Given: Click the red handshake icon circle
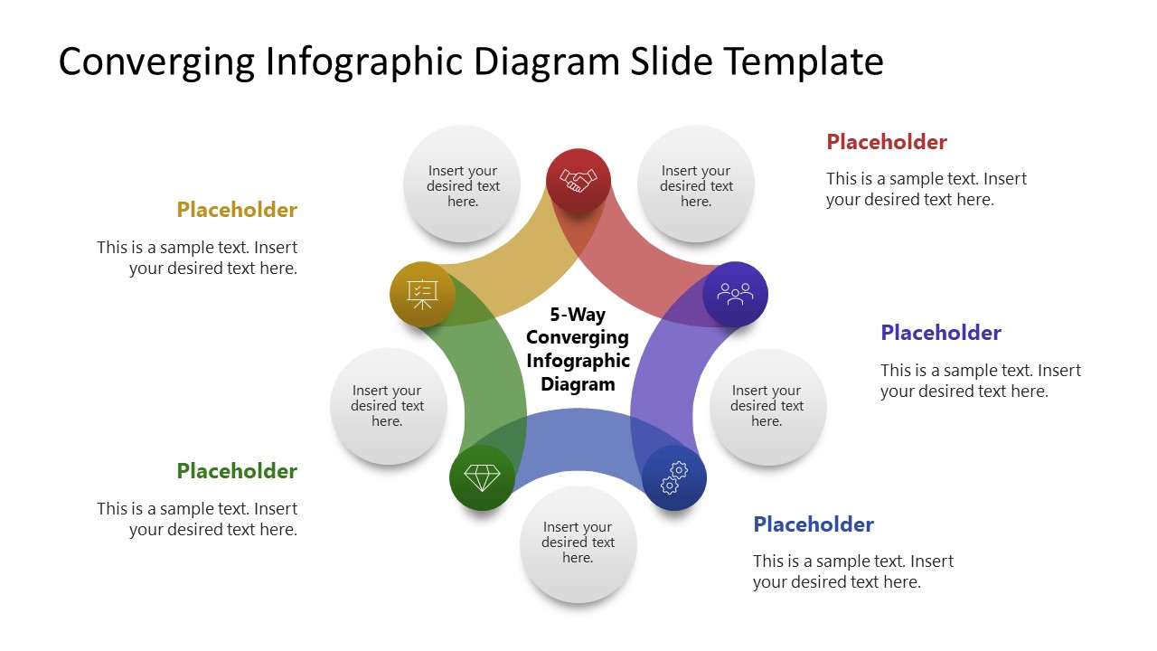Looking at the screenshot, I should point(578,181).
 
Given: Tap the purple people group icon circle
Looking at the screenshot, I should point(735,294).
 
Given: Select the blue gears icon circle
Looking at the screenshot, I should point(674,477).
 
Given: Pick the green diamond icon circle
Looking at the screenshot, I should point(482,477).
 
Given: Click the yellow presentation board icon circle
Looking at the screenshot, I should point(422,294).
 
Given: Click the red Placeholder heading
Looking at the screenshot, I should point(887,142).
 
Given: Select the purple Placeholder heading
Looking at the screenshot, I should point(941,333).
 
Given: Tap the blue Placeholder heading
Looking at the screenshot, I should point(814,524).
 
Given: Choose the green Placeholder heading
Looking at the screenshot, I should point(237,471).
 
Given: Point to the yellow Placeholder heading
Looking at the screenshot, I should point(237,210).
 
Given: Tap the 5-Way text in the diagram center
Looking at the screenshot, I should point(578,315).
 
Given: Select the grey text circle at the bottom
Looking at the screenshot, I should point(578,543).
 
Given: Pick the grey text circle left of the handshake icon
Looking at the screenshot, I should point(463,184).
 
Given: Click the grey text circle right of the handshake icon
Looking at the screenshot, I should point(696,184).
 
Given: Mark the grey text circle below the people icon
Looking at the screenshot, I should point(767,406).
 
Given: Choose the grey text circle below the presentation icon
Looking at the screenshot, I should point(388,406).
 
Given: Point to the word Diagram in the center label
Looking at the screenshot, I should point(578,383).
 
